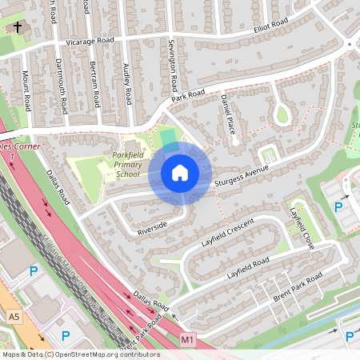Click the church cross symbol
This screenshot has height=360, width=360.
point(18,28)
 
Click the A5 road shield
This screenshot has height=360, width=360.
point(14,318)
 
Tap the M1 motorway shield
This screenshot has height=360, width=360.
point(188,340)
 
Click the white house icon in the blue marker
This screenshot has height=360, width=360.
point(180,172)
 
